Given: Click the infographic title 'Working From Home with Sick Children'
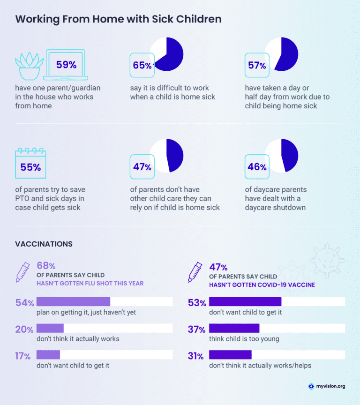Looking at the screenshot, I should pyautogui.click(x=118, y=20).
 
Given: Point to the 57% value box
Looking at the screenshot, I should pyautogui.click(x=257, y=65).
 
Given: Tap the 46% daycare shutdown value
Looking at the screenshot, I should pyautogui.click(x=257, y=167).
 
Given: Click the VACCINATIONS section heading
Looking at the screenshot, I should pyautogui.click(x=44, y=244).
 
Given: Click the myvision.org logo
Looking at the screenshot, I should pyautogui.click(x=326, y=386).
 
